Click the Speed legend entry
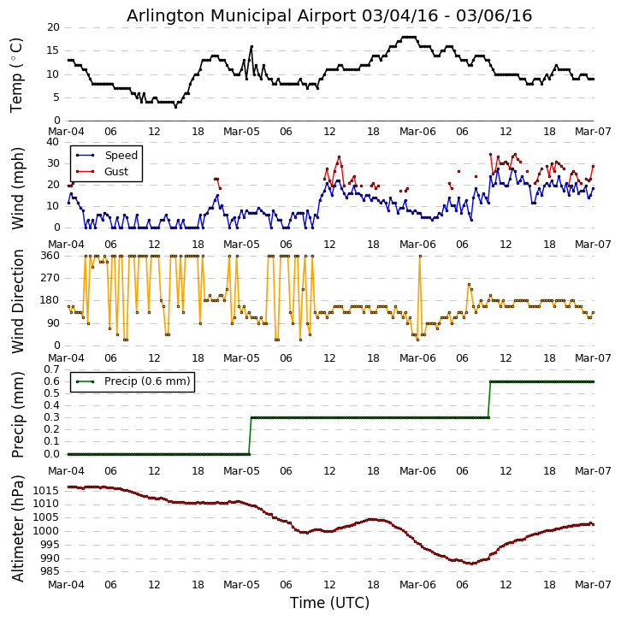[x=121, y=156]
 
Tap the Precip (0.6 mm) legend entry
[x=147, y=381]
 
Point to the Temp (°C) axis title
[x=17, y=74]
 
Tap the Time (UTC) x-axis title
[x=329, y=603]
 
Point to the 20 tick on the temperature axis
[x=53, y=27]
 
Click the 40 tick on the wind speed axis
[x=53, y=142]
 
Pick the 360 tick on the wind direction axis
[x=49, y=256]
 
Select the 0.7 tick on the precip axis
[x=50, y=369]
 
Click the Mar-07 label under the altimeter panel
[x=593, y=585]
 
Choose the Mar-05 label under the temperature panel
[x=241, y=133]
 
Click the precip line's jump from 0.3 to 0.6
[x=489, y=399]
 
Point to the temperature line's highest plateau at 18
[x=408, y=37]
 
